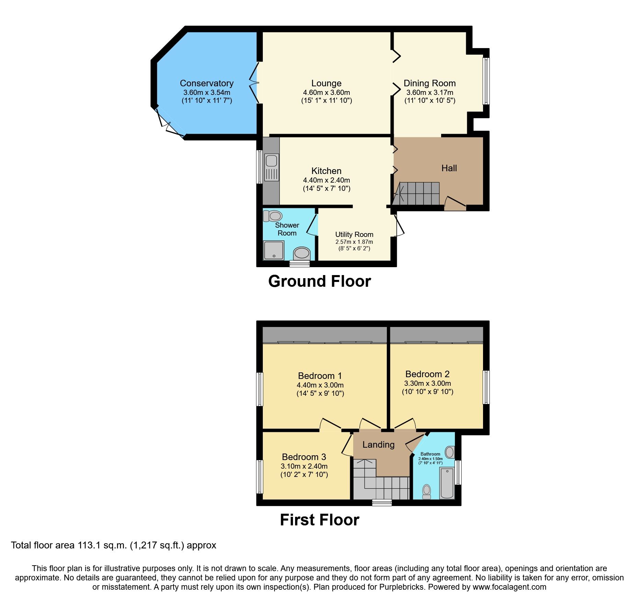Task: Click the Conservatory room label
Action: point(206,83)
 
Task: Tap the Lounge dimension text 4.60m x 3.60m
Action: point(326,92)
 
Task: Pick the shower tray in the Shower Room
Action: point(274,250)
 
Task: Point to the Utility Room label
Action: point(354,234)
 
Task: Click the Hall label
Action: point(449,168)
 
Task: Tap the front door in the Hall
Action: point(456,204)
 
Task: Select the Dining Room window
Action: point(486,81)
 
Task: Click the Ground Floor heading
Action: point(319,281)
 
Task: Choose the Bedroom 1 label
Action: point(320,376)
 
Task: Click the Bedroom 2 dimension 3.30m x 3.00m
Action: point(427,383)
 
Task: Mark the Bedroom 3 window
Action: point(260,476)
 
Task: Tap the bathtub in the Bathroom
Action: point(447,483)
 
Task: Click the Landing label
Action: point(378,445)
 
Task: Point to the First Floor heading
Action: point(319,520)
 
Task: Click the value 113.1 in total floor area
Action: point(89,545)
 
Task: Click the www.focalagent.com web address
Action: point(509,587)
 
